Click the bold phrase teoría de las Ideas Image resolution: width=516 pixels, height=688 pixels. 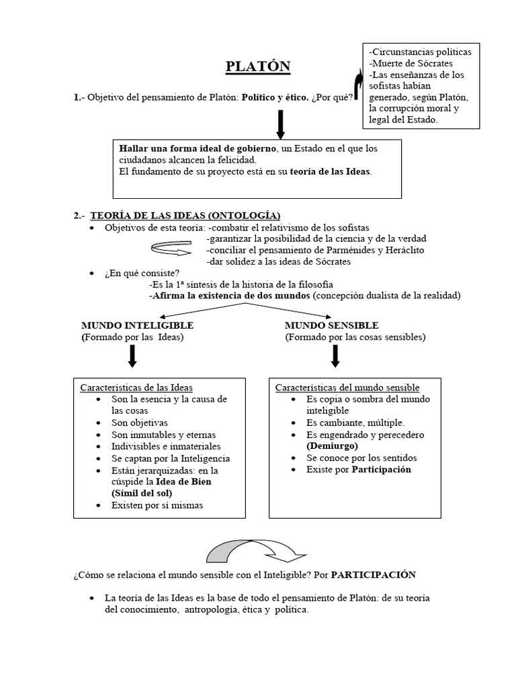(330, 171)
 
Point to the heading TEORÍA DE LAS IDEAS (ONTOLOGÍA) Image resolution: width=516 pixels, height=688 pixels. (185, 215)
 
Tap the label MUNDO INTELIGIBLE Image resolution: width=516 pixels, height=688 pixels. (137, 325)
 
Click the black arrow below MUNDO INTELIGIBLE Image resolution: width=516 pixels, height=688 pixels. (132, 355)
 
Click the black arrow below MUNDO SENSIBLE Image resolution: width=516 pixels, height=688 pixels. (335, 355)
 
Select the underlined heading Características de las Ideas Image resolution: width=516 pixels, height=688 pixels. (136, 388)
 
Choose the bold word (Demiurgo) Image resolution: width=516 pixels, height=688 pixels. (332, 446)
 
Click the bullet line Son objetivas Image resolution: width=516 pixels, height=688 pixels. (140, 423)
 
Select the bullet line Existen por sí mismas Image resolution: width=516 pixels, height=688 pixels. (157, 505)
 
